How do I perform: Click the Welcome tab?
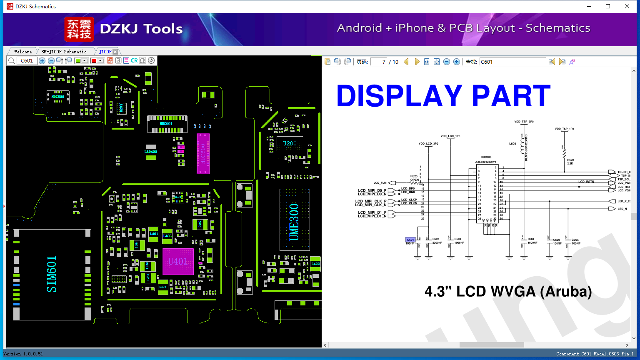click(x=23, y=52)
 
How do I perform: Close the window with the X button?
click(x=627, y=6)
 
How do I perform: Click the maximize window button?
click(x=608, y=6)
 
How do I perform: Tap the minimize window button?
click(x=589, y=6)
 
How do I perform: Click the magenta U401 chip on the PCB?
click(x=178, y=262)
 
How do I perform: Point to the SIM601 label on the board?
click(x=51, y=274)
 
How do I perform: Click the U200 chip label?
click(x=290, y=144)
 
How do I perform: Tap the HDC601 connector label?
click(x=166, y=124)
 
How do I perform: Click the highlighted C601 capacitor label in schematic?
click(x=410, y=240)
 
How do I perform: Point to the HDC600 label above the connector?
click(x=486, y=157)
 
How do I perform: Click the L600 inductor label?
click(x=512, y=144)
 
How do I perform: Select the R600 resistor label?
click(x=570, y=160)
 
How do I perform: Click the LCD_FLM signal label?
click(x=380, y=183)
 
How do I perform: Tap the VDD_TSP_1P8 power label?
click(x=564, y=129)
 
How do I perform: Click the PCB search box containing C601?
click(x=27, y=61)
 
